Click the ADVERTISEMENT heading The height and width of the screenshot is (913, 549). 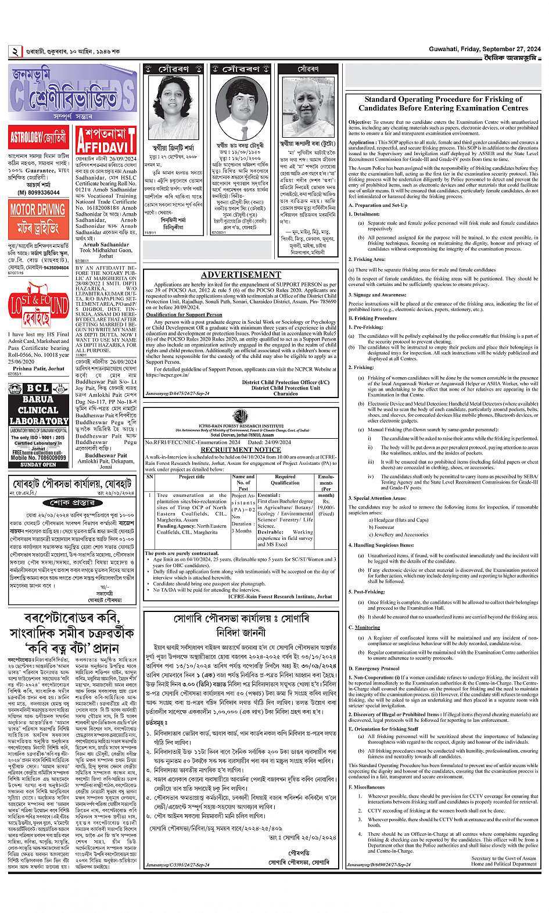coord(241,275)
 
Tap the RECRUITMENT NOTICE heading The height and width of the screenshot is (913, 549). coord(241,449)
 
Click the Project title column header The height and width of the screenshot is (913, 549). coord(192,477)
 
